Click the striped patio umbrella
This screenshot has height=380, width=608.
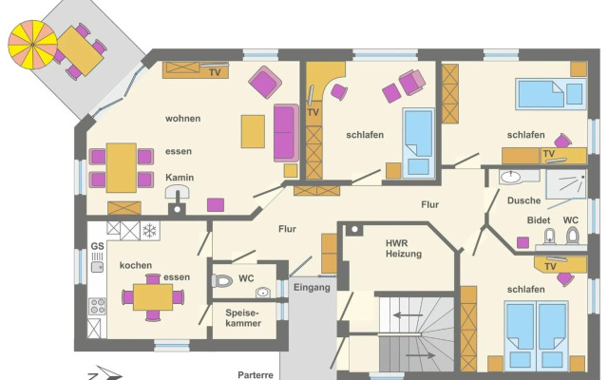32,45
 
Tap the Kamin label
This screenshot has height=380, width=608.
180,178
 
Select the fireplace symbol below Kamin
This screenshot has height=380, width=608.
178,193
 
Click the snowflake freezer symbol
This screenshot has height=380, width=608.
149,231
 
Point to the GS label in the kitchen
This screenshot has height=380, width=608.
97,246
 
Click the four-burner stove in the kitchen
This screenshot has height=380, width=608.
97,306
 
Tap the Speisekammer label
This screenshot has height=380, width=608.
243,318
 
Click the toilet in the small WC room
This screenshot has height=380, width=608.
221,281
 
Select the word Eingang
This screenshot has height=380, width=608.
312,288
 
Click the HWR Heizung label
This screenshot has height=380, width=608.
403,249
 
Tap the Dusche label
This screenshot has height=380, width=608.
523,200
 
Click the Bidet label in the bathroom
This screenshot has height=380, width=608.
539,220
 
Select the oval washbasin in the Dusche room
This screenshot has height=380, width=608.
510,178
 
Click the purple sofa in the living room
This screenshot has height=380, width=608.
286,133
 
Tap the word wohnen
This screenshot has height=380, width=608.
183,118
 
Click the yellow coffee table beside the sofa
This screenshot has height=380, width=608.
253,131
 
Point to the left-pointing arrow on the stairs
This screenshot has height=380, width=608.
407,314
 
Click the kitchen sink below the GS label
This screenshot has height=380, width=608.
97,267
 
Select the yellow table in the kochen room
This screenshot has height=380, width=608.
153,297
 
